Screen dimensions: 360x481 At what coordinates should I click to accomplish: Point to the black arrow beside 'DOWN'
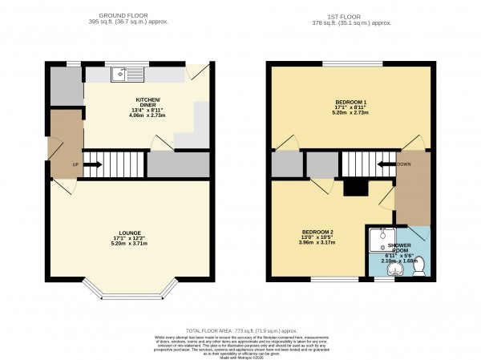[x=386, y=164]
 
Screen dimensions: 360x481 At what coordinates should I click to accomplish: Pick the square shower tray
[x=378, y=240]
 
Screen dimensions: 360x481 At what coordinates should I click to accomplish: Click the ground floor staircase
[x=115, y=164]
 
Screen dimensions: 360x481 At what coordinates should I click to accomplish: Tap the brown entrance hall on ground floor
[x=64, y=144]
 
